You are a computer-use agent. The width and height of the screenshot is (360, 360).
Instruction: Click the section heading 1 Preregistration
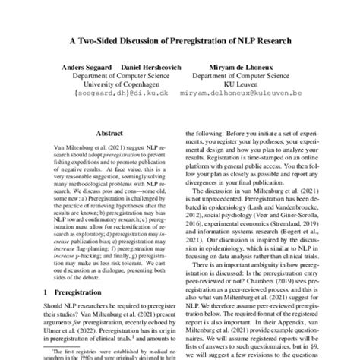[66, 292]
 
